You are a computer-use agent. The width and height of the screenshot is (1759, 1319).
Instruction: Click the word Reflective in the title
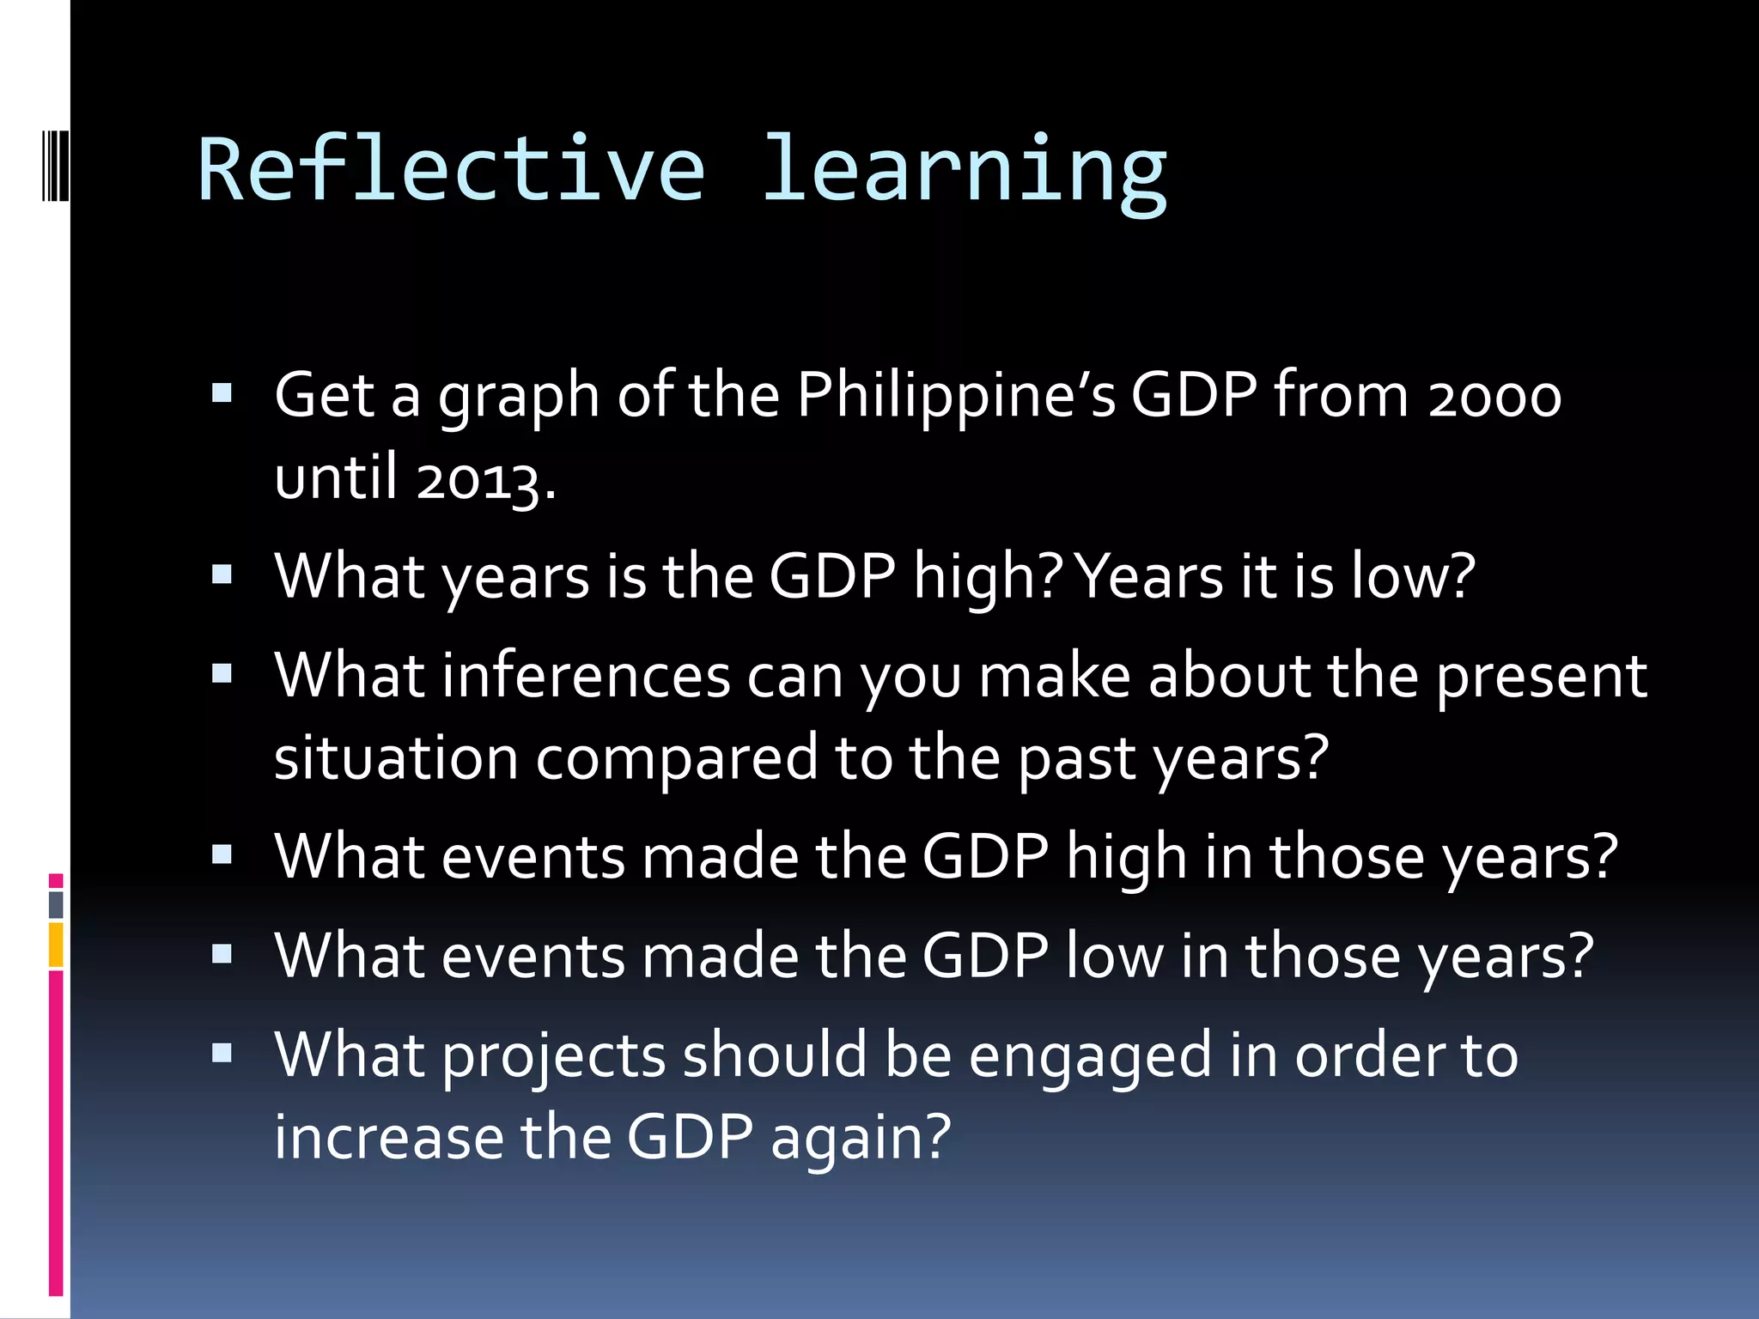tap(452, 169)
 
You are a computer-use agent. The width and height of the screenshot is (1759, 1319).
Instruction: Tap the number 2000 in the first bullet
tap(1494, 397)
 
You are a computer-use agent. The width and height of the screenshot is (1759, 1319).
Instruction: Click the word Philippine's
tap(956, 397)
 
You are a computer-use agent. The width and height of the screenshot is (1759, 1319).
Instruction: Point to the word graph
tap(519, 398)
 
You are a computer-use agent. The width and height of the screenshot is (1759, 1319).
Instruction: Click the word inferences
tap(587, 677)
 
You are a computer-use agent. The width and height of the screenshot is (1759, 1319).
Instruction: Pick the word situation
tap(396, 758)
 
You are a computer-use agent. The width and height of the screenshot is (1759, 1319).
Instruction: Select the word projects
tap(554, 1057)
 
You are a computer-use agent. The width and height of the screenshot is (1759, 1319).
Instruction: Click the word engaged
tap(1090, 1057)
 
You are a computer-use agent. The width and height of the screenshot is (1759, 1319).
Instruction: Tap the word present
tap(1541, 677)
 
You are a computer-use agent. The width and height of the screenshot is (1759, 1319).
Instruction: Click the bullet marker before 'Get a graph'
tap(222, 394)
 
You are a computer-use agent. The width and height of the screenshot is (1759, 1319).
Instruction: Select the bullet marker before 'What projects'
tap(222, 1054)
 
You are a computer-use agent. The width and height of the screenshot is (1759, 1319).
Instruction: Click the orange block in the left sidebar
tap(56, 945)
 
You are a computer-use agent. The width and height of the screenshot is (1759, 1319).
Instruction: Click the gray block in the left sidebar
tap(56, 904)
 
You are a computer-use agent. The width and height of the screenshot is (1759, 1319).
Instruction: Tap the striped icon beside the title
tap(56, 164)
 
